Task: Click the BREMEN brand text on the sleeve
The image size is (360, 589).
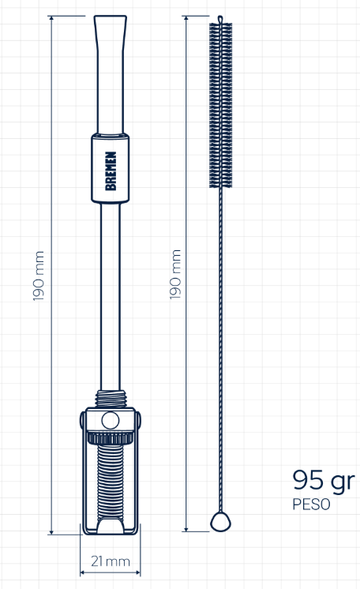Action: (x=111, y=171)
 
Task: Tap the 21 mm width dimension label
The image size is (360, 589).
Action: (x=111, y=561)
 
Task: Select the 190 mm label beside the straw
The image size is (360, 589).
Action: (x=39, y=276)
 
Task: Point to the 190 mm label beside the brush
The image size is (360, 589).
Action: (x=175, y=275)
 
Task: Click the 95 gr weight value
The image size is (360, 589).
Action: (x=324, y=481)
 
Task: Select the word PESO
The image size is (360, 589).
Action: (x=312, y=504)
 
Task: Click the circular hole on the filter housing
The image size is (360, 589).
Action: (x=111, y=420)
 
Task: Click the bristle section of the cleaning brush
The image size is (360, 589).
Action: (x=220, y=105)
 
